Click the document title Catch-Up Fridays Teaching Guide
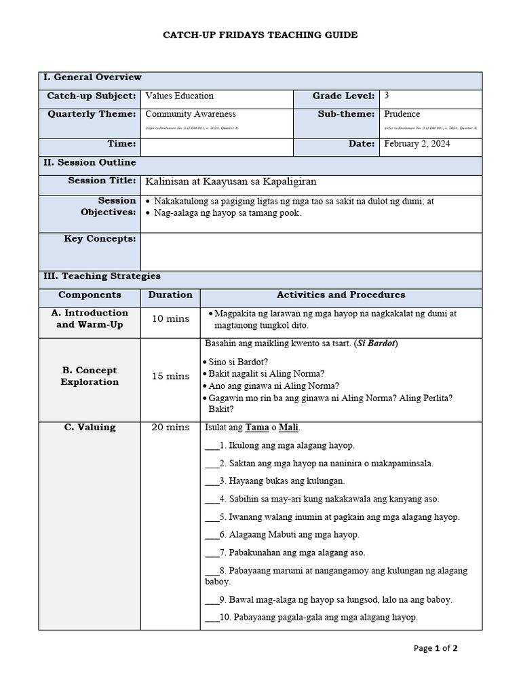pos(260,35)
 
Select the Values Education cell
pos(179,96)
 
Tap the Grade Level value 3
pos(387,96)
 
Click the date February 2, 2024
pos(417,144)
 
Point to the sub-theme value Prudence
pos(402,114)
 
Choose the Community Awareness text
pos(191,114)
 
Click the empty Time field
pos(216,147)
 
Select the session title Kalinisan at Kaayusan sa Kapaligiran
pos(231,181)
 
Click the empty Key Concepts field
pos(311,251)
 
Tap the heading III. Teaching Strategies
pos(102,276)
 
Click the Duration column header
pos(170,295)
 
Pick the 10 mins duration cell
pos(170,319)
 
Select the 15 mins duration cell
pos(170,376)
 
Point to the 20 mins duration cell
pos(170,427)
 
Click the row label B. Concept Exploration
pos(90,376)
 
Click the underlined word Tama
pos(257,428)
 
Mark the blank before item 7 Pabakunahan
pos(212,552)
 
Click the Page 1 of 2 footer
pos(436,648)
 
